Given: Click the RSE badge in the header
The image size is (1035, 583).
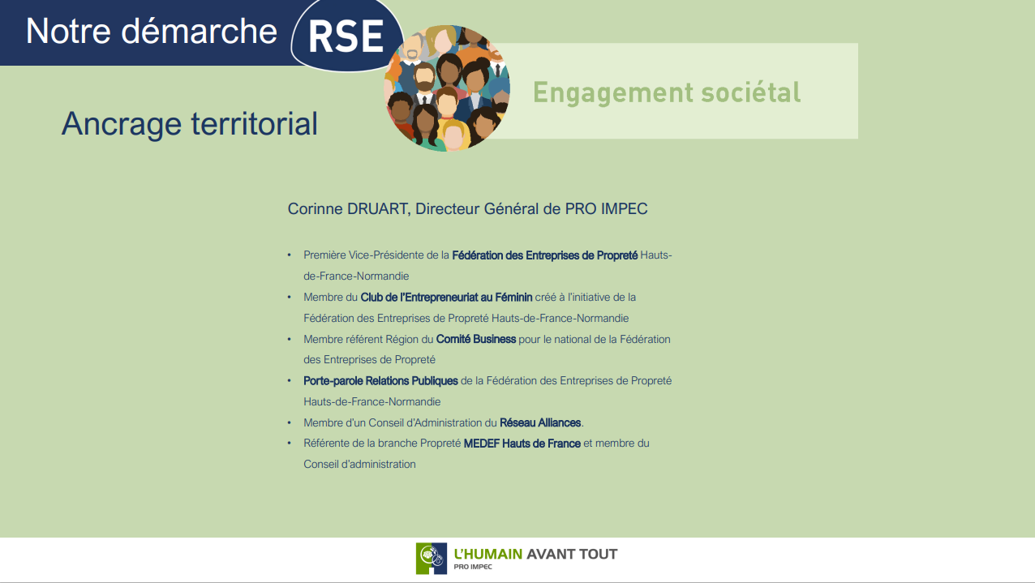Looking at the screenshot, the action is (x=346, y=35).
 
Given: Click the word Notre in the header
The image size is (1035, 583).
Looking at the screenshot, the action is (x=68, y=32).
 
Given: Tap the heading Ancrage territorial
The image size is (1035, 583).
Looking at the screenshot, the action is (x=190, y=124).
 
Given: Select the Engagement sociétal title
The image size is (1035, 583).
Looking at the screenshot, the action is (x=667, y=92).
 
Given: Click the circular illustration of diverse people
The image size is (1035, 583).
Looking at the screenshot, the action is (x=447, y=88).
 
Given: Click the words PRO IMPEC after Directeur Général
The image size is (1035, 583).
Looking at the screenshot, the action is (x=606, y=209).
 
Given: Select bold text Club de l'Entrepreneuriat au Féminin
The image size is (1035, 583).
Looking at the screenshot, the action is (x=446, y=297).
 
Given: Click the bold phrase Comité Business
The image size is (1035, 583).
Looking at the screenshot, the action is (x=476, y=339).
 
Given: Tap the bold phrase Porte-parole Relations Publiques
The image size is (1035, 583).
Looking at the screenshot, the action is (x=380, y=380).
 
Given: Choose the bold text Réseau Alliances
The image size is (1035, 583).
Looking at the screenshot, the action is (x=540, y=422).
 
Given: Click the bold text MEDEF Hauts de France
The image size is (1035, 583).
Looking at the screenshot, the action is (x=522, y=444).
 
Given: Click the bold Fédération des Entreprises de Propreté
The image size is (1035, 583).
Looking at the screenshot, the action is (x=545, y=255).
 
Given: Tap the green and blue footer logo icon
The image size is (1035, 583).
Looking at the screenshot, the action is (x=431, y=559).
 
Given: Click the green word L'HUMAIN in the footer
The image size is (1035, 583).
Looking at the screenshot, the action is (x=488, y=554).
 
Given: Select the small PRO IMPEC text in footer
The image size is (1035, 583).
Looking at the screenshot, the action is (x=473, y=567).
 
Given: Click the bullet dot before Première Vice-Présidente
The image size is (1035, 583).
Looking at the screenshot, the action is (x=290, y=255).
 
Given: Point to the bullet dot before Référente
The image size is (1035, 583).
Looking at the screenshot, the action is (x=290, y=443).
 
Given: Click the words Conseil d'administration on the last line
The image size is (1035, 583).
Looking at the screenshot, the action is (x=359, y=465).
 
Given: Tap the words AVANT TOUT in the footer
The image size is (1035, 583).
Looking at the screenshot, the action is (x=572, y=554).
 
